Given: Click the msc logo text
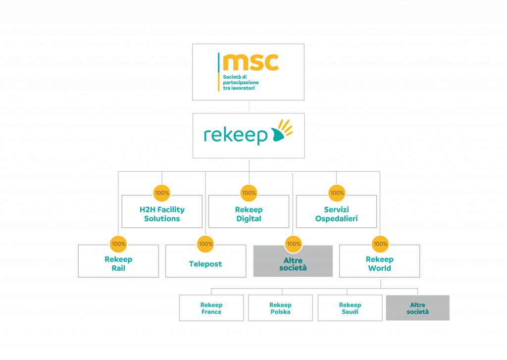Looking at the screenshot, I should coord(251,62).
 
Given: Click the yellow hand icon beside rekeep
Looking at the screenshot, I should coord(281,131).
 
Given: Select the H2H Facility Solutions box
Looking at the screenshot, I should coord(162,214).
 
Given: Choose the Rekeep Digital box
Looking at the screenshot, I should coord(249,214).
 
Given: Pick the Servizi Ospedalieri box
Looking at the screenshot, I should coord(336,214).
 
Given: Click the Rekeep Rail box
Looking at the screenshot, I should coord(118,263).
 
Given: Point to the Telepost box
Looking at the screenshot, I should coord(205,264).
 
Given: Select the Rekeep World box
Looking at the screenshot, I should coord(379,263).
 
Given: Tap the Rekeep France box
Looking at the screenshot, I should coord(211,308).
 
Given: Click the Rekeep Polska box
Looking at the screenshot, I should coord(280,308).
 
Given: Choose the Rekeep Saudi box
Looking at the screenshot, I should coord(350,308).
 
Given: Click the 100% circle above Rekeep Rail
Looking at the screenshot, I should coord(119,244).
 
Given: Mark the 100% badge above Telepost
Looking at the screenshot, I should coord(205,244).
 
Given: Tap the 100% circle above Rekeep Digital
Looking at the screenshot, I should coord(249,193).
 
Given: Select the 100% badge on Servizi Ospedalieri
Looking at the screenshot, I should coord(337,193).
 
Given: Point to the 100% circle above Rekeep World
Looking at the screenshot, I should coord(380,244).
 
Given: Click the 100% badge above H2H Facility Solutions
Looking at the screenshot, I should coord(162,193).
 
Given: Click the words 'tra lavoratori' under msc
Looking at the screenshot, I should coord(239,88).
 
